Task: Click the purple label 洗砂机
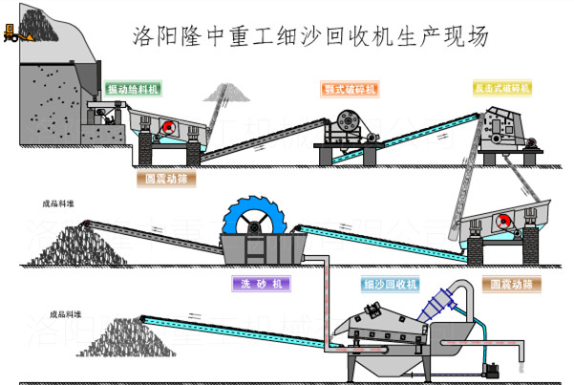(x=260, y=284)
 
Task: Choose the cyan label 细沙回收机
(x=391, y=284)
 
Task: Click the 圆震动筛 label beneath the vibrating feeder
(x=165, y=179)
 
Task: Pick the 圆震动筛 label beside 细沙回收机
(x=511, y=284)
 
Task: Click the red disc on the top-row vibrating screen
(x=168, y=129)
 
